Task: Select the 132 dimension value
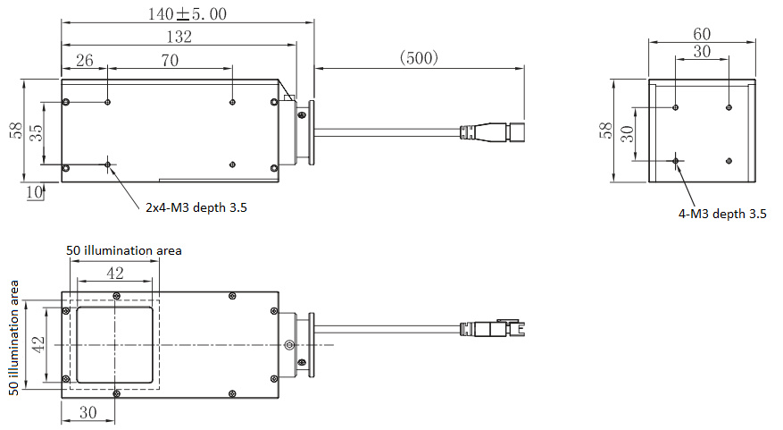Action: click(179, 37)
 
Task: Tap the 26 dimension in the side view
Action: click(84, 61)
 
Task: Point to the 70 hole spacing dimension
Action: click(170, 61)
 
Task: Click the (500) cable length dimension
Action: click(417, 58)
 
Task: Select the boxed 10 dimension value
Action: click(34, 191)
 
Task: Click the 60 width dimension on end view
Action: click(702, 33)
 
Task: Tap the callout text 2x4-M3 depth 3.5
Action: click(196, 208)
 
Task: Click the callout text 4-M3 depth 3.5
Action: click(722, 214)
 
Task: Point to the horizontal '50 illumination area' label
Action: click(124, 250)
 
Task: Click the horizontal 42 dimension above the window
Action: click(116, 274)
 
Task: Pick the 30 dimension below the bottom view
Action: click(87, 412)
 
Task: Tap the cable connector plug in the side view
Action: click(491, 133)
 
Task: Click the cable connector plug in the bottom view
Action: click(490, 328)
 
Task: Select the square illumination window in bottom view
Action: click(115, 345)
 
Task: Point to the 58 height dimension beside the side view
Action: click(15, 131)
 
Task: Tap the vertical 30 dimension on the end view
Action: click(628, 134)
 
